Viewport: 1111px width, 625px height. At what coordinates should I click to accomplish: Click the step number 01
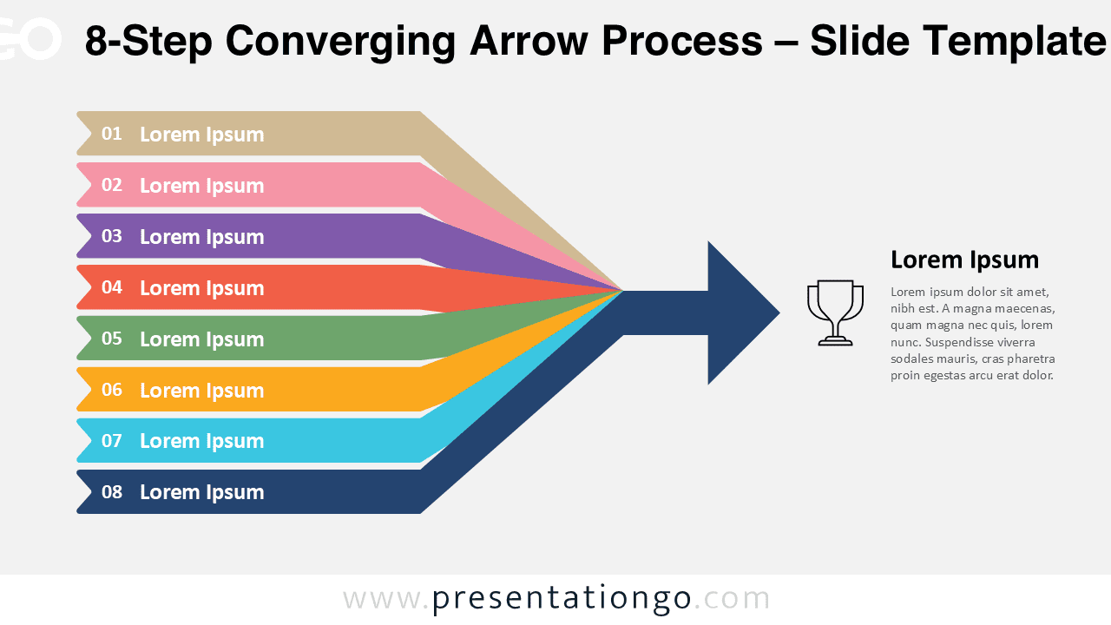click(x=112, y=134)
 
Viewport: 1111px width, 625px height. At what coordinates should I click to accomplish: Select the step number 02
click(x=112, y=185)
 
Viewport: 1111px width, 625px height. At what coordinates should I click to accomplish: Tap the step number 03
click(x=112, y=236)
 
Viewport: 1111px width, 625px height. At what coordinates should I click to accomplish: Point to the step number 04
click(x=112, y=287)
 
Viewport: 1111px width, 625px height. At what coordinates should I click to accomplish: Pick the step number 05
click(x=112, y=339)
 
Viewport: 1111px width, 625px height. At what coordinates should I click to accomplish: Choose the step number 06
click(x=112, y=390)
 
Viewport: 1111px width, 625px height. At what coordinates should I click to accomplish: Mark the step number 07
click(x=112, y=441)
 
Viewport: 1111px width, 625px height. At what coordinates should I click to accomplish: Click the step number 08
click(x=112, y=492)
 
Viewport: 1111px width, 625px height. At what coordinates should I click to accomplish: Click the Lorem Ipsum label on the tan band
click(x=201, y=135)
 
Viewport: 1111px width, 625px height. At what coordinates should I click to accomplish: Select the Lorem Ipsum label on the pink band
click(x=201, y=186)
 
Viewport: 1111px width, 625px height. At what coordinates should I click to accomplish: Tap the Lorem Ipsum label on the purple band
click(x=201, y=237)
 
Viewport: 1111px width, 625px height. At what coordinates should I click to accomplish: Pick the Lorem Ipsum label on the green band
click(x=201, y=339)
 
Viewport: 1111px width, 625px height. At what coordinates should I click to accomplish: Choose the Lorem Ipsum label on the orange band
click(x=201, y=391)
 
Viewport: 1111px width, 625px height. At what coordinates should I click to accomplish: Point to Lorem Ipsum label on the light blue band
click(x=201, y=441)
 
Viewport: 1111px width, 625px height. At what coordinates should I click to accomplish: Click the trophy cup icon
click(x=835, y=312)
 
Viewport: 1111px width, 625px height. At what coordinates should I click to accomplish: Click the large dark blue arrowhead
click(x=738, y=312)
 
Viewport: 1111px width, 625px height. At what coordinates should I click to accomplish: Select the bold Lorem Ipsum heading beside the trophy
click(x=964, y=260)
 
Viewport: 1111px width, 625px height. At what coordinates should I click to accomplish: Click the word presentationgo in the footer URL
click(x=562, y=599)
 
